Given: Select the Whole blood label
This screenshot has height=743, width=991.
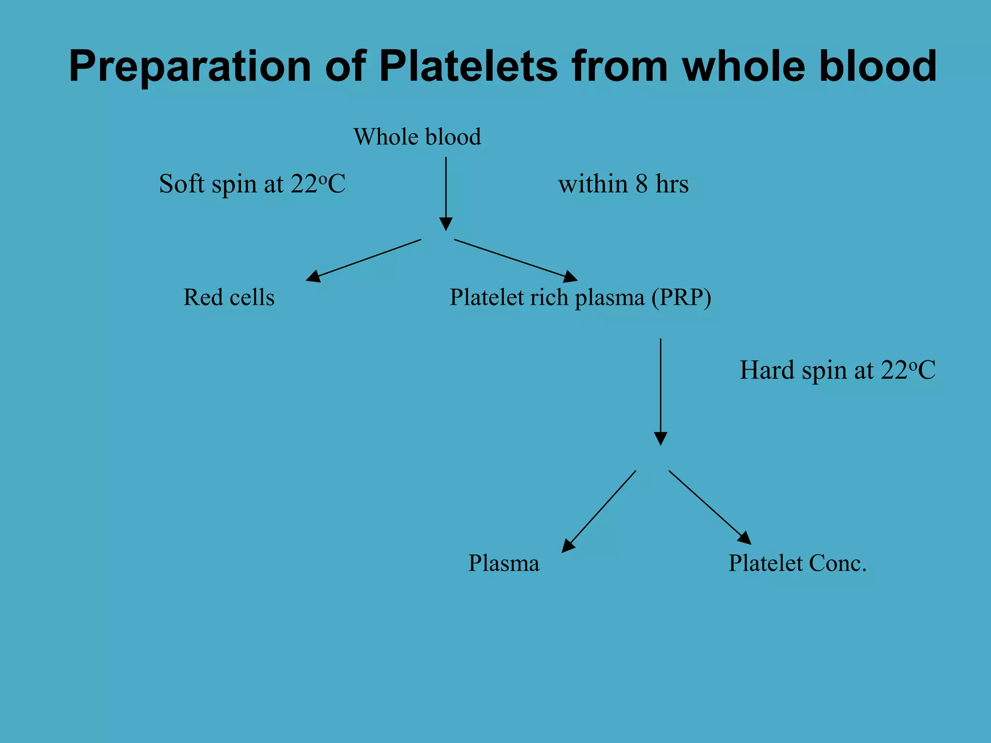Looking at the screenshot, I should coord(417,137).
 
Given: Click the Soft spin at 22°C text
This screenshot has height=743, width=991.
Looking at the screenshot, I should coord(252,184).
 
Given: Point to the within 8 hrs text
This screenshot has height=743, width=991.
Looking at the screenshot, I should coord(623,184).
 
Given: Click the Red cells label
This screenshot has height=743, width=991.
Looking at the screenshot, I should coord(229,297).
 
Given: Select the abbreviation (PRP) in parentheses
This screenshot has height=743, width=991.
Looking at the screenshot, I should coord(681,297).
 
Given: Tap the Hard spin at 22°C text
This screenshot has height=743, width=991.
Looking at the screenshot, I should coord(838,371).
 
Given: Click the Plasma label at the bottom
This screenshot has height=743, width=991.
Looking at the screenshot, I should coord(504,563).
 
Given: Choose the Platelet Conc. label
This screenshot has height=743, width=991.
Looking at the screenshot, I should coord(797,563).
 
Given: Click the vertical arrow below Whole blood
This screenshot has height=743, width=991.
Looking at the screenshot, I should coord(446,193).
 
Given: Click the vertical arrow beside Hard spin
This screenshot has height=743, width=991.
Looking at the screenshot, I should coord(661,392).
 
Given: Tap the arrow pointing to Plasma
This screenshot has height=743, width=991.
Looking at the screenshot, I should coord(599,511).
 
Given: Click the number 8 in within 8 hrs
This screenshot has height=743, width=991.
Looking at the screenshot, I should coord(642,184).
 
